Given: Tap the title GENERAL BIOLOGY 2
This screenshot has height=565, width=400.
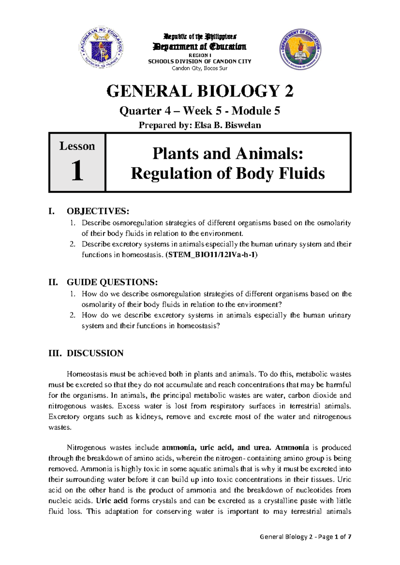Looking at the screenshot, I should tap(200, 91).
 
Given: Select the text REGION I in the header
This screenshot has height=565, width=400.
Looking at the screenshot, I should tap(200, 55).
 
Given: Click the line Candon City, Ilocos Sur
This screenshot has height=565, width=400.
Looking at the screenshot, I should tap(199, 68).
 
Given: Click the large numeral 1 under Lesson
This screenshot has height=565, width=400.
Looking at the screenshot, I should tap(77, 171).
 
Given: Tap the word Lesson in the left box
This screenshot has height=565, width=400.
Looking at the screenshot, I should tap(77, 146).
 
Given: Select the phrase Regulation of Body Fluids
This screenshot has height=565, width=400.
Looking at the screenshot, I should tap(228, 174).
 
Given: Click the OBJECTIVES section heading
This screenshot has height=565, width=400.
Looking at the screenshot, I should tap(97, 211).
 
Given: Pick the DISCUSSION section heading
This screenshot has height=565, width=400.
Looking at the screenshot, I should tap(95, 353).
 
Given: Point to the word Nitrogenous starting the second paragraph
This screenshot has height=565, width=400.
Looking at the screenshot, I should tap(87, 447).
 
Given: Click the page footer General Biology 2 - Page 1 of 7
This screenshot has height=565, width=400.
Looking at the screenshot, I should tap(305, 537).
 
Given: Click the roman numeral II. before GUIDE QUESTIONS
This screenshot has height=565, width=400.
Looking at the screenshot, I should tap(53, 282).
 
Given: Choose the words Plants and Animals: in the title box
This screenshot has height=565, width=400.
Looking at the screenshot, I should tap(228, 154).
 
